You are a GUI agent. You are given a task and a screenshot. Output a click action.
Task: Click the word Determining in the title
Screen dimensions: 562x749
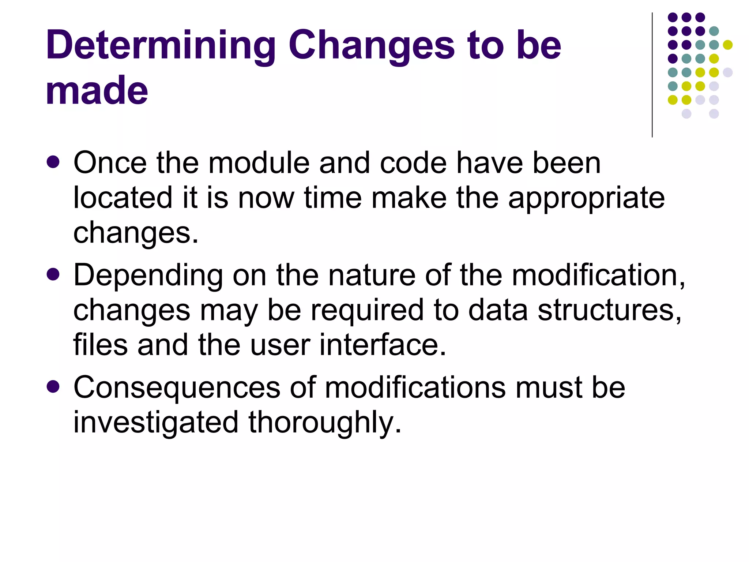coord(161,45)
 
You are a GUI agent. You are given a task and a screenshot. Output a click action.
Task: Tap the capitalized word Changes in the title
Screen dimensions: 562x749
coord(371,45)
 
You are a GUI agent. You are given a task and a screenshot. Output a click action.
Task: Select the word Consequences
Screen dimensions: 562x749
coord(177,388)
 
